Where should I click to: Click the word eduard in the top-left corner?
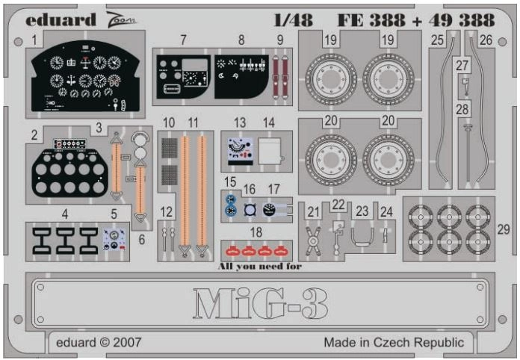(61, 20)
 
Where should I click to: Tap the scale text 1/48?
(294, 20)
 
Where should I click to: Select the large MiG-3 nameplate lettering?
(260, 303)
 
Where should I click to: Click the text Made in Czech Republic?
(394, 342)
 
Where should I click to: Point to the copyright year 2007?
(127, 342)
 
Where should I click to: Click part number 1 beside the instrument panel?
(34, 40)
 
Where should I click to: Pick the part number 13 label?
(239, 122)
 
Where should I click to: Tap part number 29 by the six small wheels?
(503, 229)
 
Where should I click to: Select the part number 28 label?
(462, 109)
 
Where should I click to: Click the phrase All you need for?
(260, 266)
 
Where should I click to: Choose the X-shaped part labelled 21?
(313, 241)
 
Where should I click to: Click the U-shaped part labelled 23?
(362, 232)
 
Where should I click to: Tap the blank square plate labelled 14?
(270, 152)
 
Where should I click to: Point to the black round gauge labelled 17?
(269, 210)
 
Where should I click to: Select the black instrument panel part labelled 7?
(182, 77)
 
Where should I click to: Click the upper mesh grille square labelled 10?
(170, 149)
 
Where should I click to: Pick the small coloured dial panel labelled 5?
(114, 239)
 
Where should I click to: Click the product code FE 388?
(371, 20)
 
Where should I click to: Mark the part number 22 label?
(338, 205)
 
